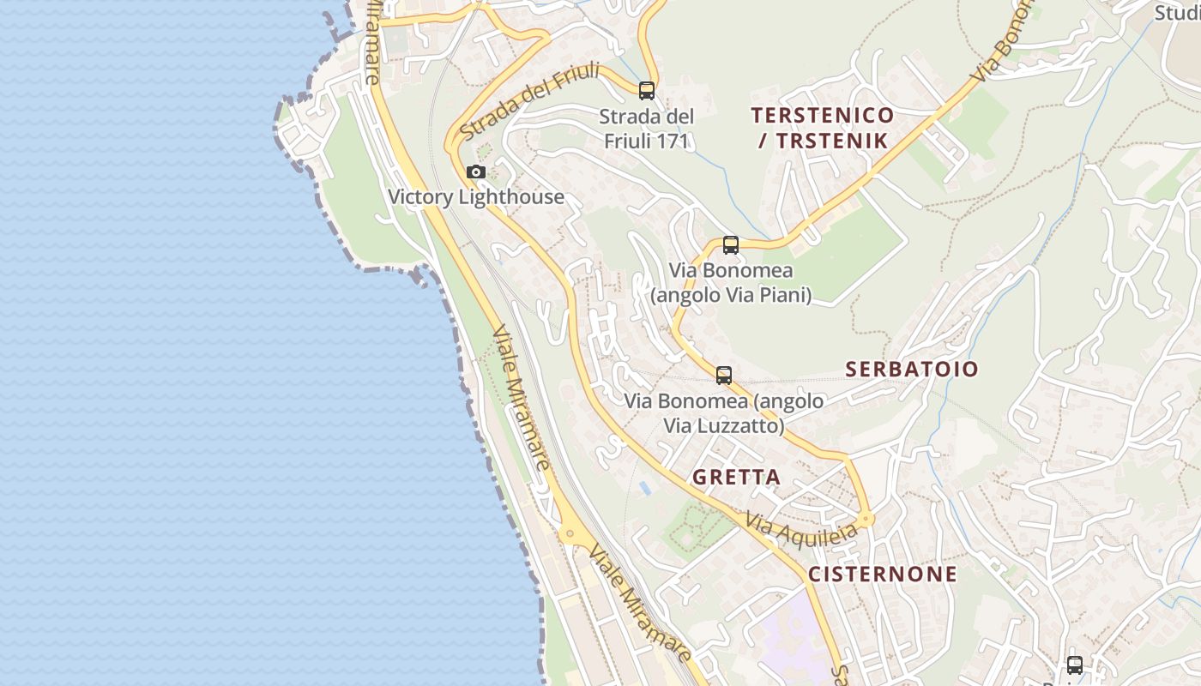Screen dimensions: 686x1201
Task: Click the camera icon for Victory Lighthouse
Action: (476, 172)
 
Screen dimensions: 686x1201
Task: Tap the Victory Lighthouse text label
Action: (476, 197)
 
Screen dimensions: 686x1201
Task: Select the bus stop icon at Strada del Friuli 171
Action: (647, 90)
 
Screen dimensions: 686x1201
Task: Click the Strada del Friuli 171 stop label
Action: (646, 129)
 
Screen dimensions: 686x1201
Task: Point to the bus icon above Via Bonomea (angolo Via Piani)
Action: (731, 245)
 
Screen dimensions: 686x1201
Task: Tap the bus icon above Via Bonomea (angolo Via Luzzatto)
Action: (724, 376)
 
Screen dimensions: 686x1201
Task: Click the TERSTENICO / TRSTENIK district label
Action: (823, 128)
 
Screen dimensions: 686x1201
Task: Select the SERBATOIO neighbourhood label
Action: (912, 370)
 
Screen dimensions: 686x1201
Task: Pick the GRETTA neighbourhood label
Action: (736, 478)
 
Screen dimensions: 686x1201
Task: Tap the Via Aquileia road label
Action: (801, 528)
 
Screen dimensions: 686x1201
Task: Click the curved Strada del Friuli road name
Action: (529, 102)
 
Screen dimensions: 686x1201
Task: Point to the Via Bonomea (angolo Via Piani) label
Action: (731, 283)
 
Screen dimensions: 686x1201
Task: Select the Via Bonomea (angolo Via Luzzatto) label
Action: (723, 412)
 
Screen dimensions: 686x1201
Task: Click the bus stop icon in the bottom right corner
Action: (1075, 665)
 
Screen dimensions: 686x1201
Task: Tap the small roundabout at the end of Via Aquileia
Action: (866, 519)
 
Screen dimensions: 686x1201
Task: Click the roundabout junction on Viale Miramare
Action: (570, 533)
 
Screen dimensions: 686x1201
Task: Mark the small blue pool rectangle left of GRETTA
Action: (644, 487)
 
